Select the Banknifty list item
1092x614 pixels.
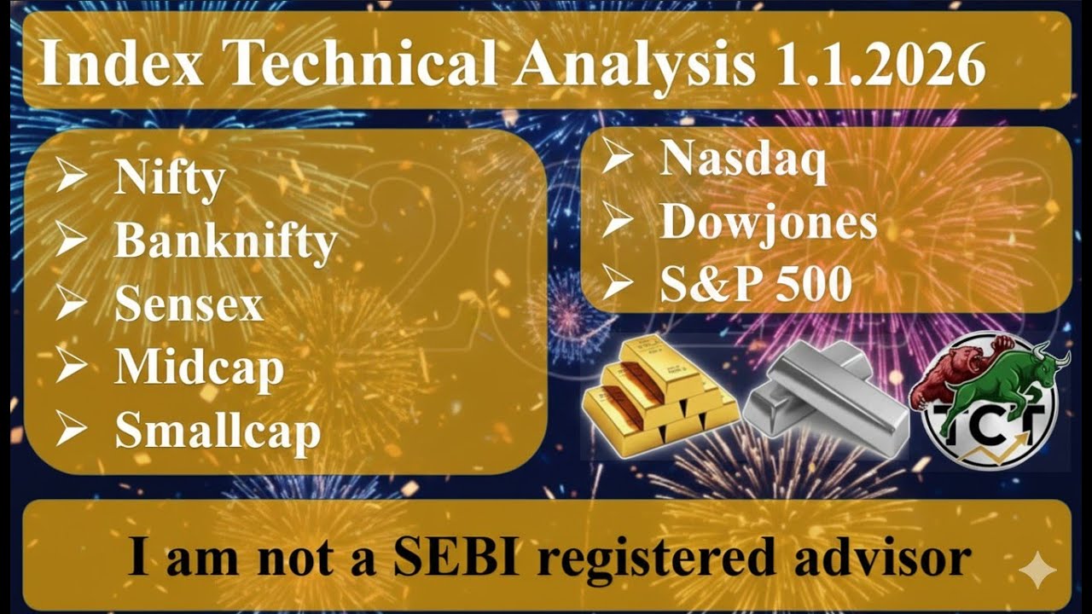pyautogui.click(x=226, y=242)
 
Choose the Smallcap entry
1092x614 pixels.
pyautogui.click(x=218, y=431)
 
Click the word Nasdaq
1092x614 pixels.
pyautogui.click(x=743, y=160)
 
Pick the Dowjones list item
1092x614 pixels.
pyautogui.click(x=769, y=223)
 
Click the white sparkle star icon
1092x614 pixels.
pyautogui.click(x=1037, y=571)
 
